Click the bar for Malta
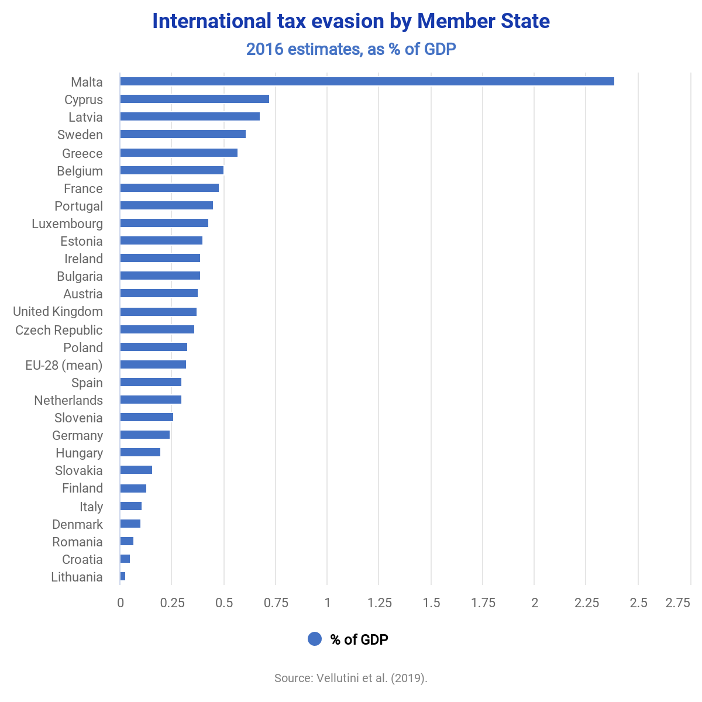tap(367, 81)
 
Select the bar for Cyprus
tap(194, 99)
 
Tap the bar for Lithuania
tap(123, 576)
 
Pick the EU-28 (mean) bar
tap(153, 364)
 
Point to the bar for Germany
tap(144, 435)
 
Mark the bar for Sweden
tap(183, 134)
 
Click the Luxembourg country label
tap(67, 223)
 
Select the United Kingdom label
tap(58, 311)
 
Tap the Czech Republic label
tap(59, 330)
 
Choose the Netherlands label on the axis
tap(68, 400)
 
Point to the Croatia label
tap(82, 559)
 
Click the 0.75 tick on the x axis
tap(276, 603)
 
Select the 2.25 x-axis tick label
tap(586, 603)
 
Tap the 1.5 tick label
tap(431, 603)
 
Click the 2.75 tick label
tap(677, 603)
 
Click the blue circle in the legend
tap(315, 639)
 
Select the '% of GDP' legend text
tap(359, 639)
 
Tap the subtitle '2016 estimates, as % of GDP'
tap(351, 49)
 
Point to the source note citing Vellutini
tap(351, 678)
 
